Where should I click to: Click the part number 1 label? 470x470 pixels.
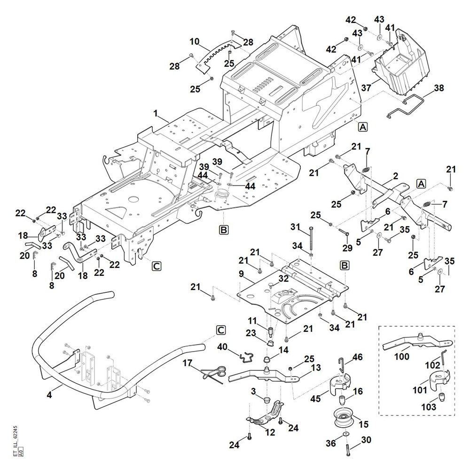pos(155,113)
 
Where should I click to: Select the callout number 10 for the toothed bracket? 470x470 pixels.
pos(195,42)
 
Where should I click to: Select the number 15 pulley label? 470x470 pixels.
pos(363,424)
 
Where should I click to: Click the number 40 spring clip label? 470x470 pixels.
pos(222,346)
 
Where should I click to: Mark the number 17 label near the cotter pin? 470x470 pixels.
pos(188,363)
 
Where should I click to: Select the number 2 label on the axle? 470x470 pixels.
pos(395,176)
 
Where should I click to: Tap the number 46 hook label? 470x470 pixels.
pos(358,358)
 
